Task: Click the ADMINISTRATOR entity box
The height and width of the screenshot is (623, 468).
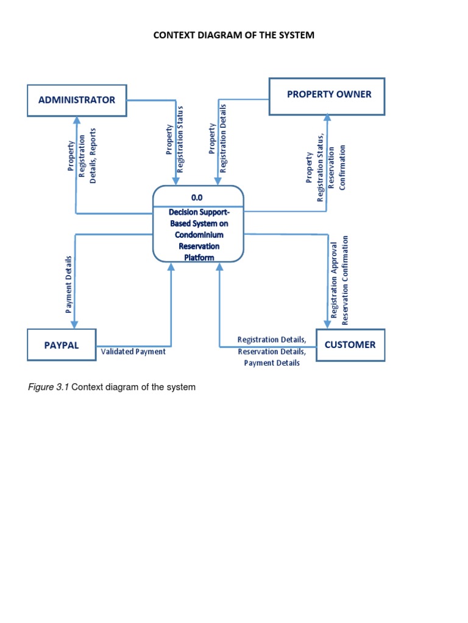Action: [77, 100]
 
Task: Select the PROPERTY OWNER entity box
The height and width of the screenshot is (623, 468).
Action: [327, 96]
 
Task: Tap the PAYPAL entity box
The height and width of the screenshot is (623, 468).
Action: [62, 345]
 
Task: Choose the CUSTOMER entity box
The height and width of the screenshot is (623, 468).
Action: [350, 345]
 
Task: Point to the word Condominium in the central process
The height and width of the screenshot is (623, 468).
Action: [199, 235]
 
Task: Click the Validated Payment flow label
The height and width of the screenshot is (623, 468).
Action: [133, 352]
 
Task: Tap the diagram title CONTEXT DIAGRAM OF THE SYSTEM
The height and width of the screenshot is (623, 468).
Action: [233, 35]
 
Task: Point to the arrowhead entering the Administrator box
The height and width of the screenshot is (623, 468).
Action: [76, 120]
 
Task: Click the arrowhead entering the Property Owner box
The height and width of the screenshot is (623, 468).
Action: [327, 118]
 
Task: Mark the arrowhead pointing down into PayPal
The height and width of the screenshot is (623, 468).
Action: [74, 324]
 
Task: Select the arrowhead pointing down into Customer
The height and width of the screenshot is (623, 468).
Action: [327, 324]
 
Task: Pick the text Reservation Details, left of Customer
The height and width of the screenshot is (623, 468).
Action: [272, 352]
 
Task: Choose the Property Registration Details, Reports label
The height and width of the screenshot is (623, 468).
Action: [82, 155]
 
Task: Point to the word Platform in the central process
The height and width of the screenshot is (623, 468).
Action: [199, 257]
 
